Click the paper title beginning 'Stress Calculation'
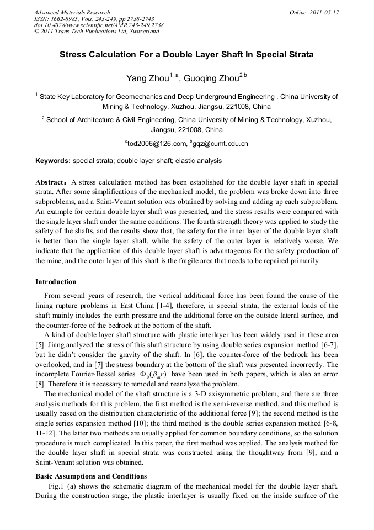point(186,55)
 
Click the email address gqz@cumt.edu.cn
point(221,144)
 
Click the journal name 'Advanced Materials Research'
point(72,12)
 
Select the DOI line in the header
point(99,25)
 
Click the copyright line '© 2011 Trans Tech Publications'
point(97,32)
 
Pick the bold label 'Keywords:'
point(53,161)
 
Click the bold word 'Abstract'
point(52,182)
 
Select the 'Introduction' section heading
point(56,282)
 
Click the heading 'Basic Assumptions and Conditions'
point(91,476)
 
